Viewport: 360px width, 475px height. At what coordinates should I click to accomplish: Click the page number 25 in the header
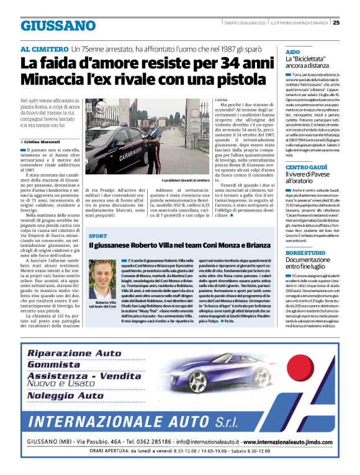(353, 24)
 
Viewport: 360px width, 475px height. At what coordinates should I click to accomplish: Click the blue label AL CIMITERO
(44, 48)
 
